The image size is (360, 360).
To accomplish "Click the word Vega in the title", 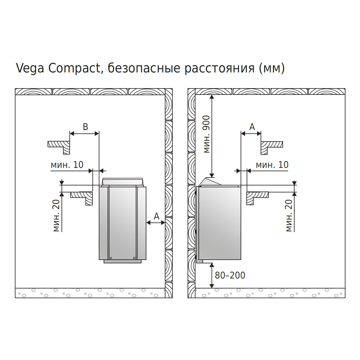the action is point(30,68).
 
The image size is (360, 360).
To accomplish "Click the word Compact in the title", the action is point(75,68).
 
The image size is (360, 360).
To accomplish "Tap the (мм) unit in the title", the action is point(272,68).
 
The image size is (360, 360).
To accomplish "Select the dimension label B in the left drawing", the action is point(85,127).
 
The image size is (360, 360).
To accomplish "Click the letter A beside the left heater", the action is point(157,216).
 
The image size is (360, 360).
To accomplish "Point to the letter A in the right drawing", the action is point(252,127).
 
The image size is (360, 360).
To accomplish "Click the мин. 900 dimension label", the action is point(207,134).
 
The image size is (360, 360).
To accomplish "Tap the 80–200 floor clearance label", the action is point(230,275).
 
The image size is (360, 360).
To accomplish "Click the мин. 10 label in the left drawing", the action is point(67,165).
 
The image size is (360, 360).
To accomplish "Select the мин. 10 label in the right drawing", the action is point(272,165).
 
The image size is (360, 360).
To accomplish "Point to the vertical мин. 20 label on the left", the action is point(56,215).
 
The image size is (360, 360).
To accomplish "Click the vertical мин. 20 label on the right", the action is point(289,215).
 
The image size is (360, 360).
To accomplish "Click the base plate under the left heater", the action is point(123,261).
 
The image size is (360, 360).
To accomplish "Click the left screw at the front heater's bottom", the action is point(111,258).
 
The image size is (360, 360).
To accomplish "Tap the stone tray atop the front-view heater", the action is point(123,182).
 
